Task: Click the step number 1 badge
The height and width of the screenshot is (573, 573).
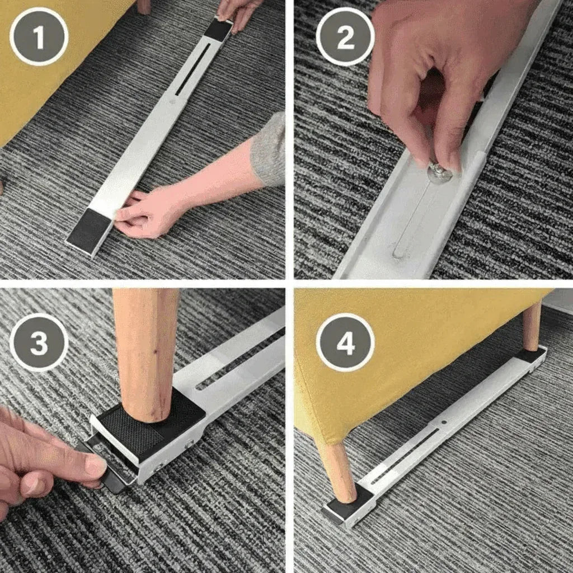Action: (x=39, y=36)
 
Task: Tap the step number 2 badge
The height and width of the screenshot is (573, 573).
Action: (x=345, y=36)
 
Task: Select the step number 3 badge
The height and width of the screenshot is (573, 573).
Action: (x=39, y=342)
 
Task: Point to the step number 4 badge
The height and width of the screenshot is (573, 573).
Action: (x=345, y=342)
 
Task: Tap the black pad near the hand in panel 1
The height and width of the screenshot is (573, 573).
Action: (x=89, y=229)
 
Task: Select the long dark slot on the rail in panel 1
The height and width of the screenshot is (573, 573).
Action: (x=192, y=69)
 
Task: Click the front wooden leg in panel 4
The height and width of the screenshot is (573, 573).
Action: (x=337, y=472)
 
